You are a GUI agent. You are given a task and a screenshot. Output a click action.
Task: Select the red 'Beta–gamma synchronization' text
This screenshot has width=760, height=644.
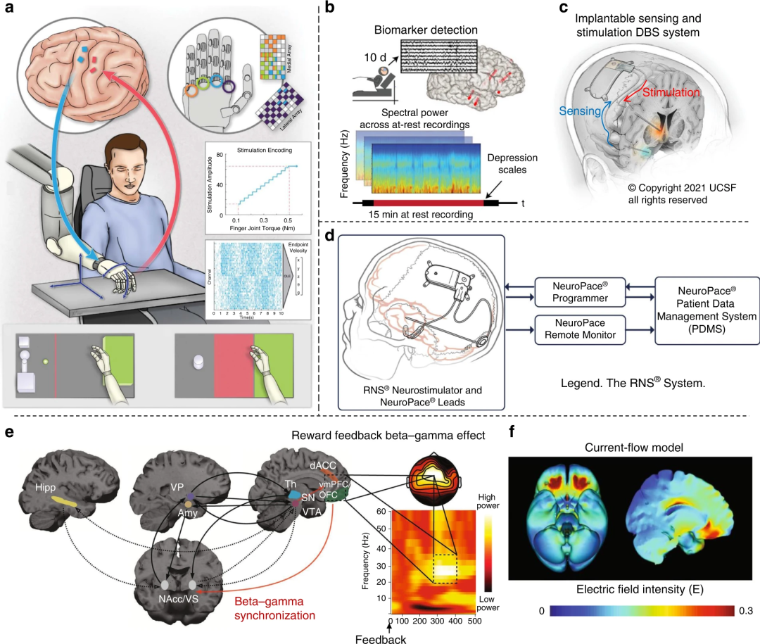(x=274, y=606)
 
